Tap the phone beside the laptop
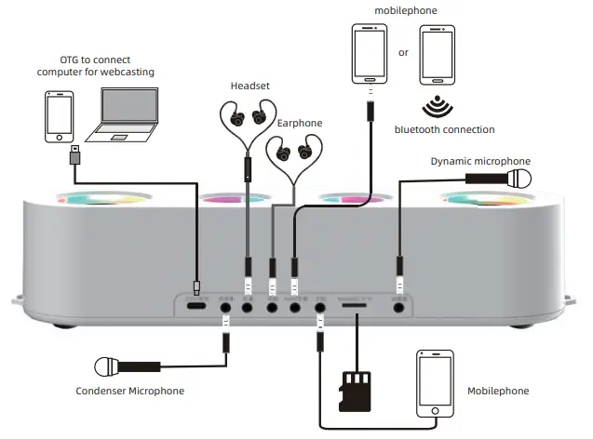[60, 115]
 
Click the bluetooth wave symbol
[432, 104]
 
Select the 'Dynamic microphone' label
[480, 161]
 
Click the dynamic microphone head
[518, 178]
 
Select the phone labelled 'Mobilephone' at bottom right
[435, 384]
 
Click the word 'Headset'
[249, 86]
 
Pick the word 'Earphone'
[299, 123]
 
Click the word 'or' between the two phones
[403, 52]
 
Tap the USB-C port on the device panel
[196, 305]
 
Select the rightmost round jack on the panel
[401, 304]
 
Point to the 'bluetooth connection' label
[444, 129]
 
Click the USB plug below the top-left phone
[74, 156]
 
